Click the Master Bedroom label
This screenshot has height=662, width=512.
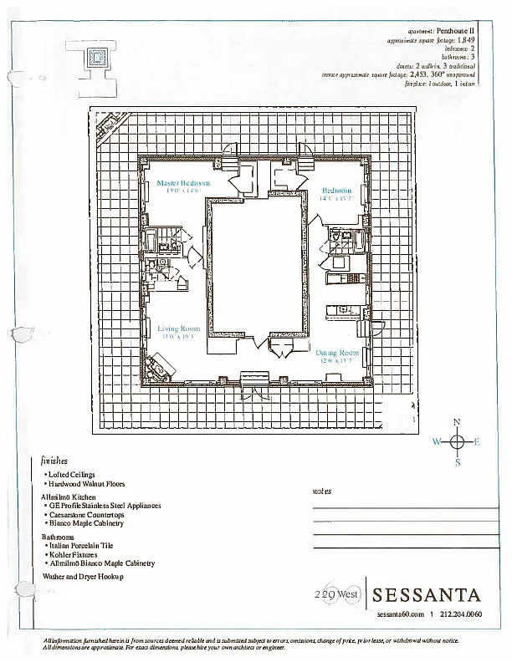183,182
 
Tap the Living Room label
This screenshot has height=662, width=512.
177,328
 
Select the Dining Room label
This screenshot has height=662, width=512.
338,353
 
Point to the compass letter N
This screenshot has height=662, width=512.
457,422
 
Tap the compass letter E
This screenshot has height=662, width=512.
477,443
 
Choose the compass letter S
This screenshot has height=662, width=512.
458,463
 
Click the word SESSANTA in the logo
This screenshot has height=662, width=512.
427,595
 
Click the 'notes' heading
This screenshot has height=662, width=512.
322,491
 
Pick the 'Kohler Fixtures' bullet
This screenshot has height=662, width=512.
73,554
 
